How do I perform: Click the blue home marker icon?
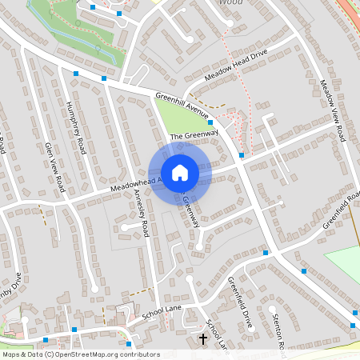[x=180, y=173]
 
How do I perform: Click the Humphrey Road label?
[x=77, y=130]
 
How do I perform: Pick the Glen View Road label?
[x=54, y=167]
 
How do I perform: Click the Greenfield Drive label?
[x=240, y=301]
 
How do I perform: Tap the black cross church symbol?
[x=203, y=340]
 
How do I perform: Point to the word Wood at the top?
[x=230, y=3]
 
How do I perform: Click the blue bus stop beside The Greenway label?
[x=210, y=122]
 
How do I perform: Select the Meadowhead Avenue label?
[x=136, y=185]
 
